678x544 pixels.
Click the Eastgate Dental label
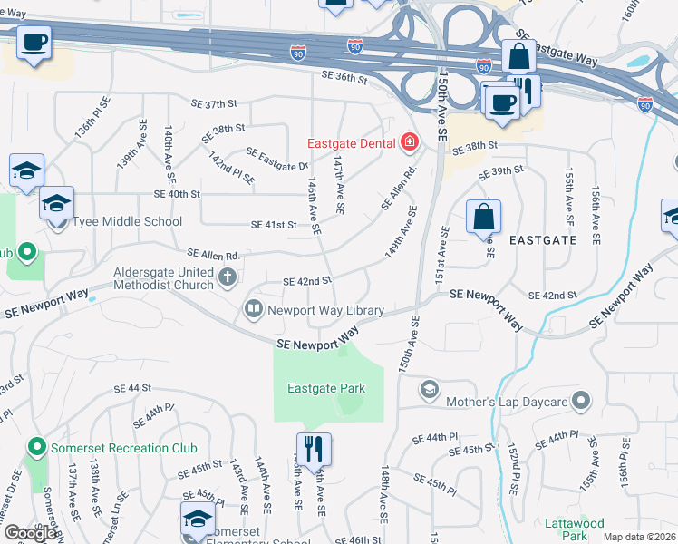[x=350, y=143]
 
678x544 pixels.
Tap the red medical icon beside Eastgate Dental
[x=409, y=142]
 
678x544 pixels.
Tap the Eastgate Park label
[x=326, y=389]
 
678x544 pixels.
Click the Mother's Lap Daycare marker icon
[x=429, y=390]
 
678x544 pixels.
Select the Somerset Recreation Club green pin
[x=37, y=448]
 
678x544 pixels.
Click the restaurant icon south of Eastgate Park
[x=314, y=448]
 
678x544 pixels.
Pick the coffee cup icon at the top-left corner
[x=34, y=42]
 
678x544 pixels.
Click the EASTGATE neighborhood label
[x=543, y=240]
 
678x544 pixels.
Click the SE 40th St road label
[x=177, y=194]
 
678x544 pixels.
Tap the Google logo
[x=29, y=533]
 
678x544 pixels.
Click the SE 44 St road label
[x=132, y=388]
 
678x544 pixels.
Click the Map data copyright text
[x=639, y=537]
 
